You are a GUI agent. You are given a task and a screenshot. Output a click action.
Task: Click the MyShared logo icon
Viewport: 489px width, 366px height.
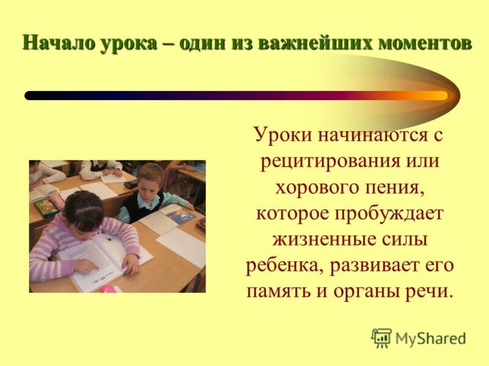(x=381, y=337)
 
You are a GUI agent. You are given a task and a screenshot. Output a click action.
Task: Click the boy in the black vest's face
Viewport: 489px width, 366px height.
(x=150, y=182)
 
